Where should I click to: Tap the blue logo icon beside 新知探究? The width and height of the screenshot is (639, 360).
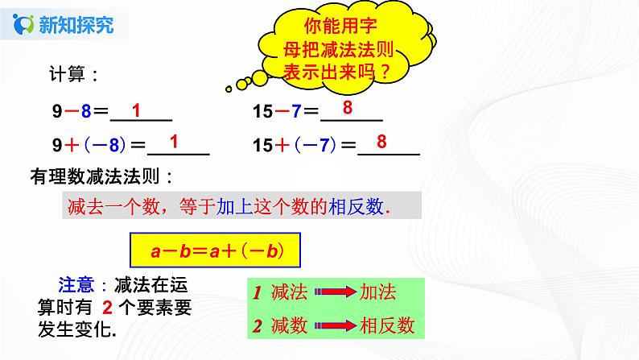26,24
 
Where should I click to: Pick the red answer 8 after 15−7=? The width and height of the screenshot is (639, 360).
347,108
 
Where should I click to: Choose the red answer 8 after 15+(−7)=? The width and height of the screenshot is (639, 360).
381,142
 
